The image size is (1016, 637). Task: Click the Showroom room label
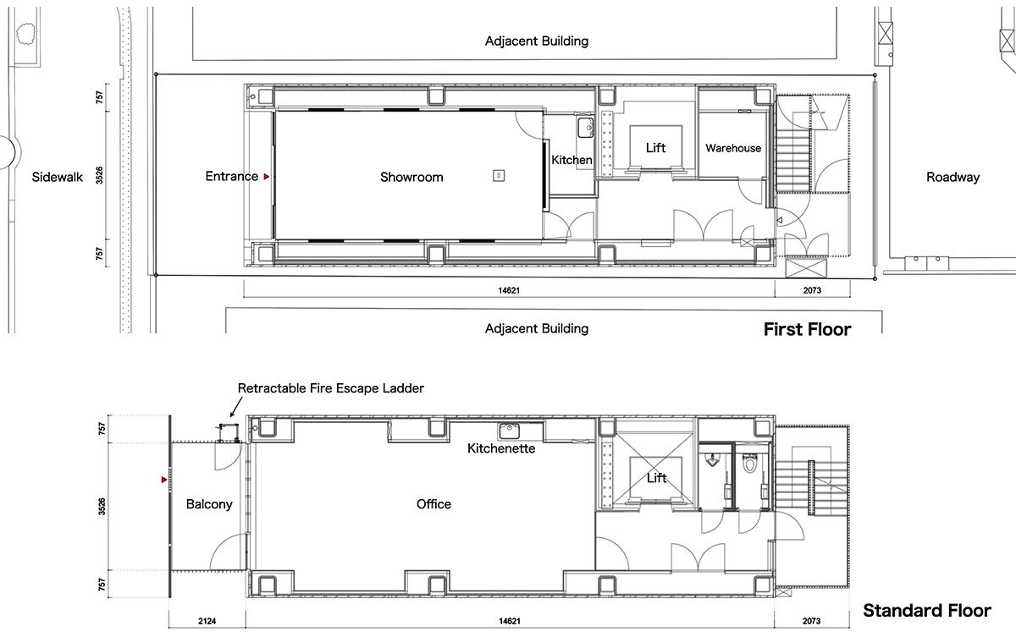[411, 177]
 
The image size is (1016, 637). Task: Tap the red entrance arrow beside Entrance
[266, 177]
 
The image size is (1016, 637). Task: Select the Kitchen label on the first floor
[571, 160]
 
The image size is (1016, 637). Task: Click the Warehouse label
[733, 148]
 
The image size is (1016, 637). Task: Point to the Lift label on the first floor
[655, 148]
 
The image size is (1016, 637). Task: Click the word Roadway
[952, 177]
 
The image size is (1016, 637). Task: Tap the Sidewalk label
[58, 177]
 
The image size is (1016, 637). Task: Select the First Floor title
[808, 329]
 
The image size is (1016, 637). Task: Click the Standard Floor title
[926, 610]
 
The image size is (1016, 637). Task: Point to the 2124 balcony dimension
[207, 621]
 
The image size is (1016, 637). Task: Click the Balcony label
[209, 504]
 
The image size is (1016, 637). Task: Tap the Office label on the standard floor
[433, 504]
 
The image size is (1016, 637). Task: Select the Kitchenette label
[501, 448]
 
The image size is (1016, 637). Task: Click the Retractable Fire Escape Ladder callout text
[331, 388]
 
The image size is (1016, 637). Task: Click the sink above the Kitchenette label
[510, 431]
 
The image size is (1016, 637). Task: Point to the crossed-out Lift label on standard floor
[656, 478]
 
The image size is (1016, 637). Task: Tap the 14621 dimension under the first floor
[509, 290]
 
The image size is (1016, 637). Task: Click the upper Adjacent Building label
[537, 41]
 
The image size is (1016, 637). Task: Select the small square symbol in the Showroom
[499, 175]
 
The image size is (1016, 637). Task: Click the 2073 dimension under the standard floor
[811, 621]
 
